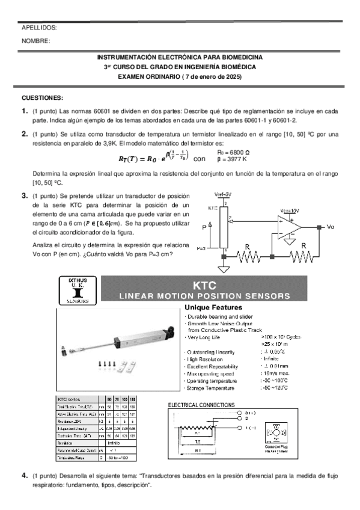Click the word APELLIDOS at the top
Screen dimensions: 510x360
tap(39, 28)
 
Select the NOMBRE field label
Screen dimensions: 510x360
tap(36, 41)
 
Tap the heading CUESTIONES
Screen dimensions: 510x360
tap(42, 97)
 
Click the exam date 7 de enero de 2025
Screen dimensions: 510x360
tap(212, 77)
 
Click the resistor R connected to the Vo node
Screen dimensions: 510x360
tap(304, 256)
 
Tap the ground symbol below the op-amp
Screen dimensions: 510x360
tap(291, 242)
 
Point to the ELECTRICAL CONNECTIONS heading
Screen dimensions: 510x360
tap(201, 405)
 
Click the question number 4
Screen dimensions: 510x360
tap(25, 475)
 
